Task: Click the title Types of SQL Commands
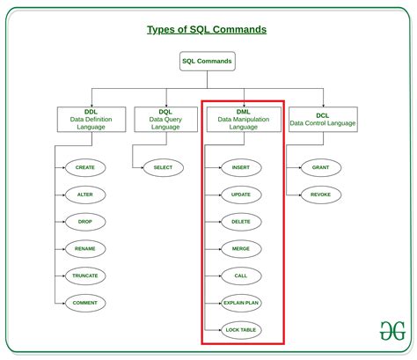coord(207,30)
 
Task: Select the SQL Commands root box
coord(208,61)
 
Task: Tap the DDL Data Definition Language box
coord(91,120)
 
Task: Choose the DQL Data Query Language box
coord(166,120)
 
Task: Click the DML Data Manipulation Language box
coord(244,120)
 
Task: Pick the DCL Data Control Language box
coord(323,120)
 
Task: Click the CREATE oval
coord(85,167)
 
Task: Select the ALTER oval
coord(85,195)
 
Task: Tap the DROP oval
coord(85,222)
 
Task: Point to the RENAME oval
coord(85,249)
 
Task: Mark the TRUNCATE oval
coord(85,276)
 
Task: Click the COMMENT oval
coord(85,303)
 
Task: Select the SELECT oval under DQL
coord(164,167)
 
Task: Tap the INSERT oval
coord(241,167)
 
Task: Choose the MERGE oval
coord(241,249)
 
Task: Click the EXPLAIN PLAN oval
coord(241,303)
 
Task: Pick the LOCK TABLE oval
coord(241,330)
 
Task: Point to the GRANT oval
coord(321,167)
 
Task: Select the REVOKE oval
coord(321,195)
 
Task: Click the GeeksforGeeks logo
coord(392,331)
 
